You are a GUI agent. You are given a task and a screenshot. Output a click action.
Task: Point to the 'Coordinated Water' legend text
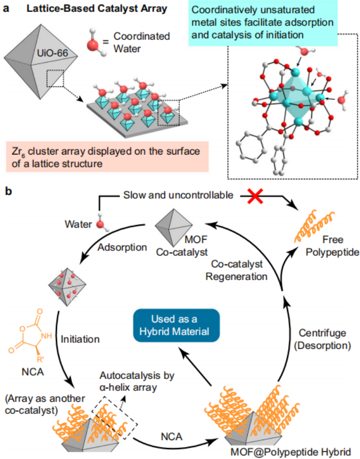tap(142, 43)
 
